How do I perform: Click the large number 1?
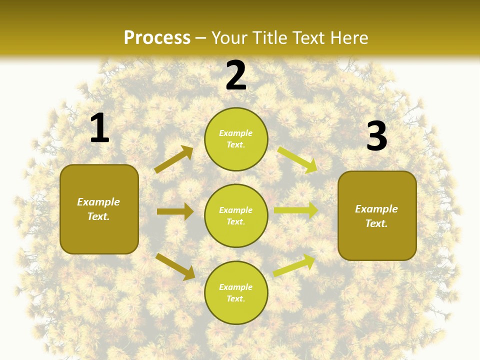tap(99, 128)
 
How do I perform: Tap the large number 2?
tap(236, 75)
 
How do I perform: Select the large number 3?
tap(377, 136)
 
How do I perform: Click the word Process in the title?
tap(157, 37)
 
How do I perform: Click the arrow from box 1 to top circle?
tap(174, 159)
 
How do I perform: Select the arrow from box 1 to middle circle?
tap(175, 211)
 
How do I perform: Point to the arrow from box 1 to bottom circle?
tap(175, 266)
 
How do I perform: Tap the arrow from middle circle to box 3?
tap(296, 210)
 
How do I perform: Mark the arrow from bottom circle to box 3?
tap(294, 265)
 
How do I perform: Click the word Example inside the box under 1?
tap(98, 202)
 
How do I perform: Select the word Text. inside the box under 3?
tap(376, 223)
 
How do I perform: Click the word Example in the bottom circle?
tap(236, 287)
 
